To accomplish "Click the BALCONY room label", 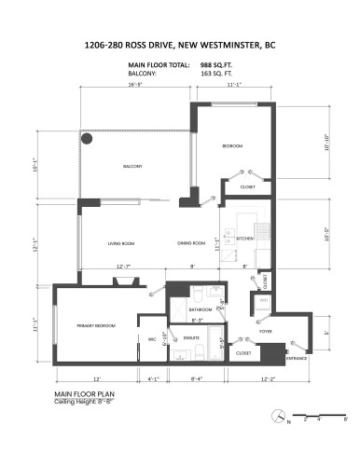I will point(132,167).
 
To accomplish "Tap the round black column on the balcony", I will point(88,139).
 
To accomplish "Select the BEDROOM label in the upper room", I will point(232,147).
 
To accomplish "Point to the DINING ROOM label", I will point(191,243).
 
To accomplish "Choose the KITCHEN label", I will point(245,239).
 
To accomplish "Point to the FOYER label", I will point(265,330).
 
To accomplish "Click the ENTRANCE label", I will point(297,358).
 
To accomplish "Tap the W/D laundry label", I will point(264,301).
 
